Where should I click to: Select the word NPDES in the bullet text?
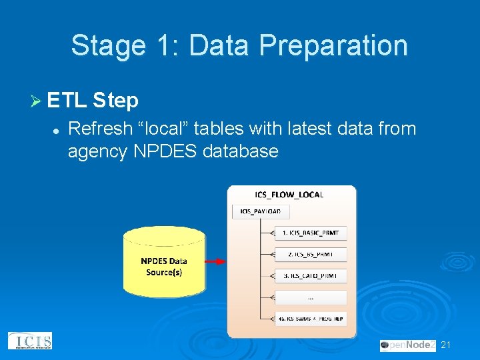(164, 151)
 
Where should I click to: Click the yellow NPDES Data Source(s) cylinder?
(164, 261)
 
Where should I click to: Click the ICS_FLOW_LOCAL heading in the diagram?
(289, 195)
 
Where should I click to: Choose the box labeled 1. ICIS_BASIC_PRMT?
(311, 233)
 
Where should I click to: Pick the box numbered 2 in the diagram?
(311, 254)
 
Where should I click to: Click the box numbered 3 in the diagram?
(311, 275)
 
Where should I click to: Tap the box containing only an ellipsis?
(311, 297)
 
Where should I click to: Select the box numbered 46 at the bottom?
(311, 319)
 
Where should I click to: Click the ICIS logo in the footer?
(29, 341)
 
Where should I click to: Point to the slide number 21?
(447, 345)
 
